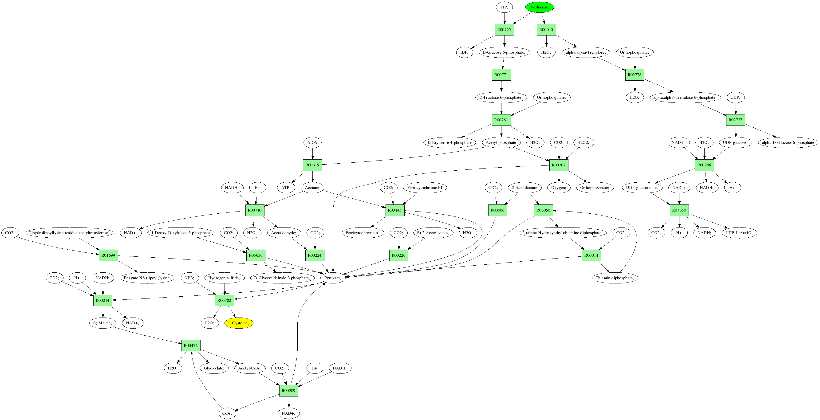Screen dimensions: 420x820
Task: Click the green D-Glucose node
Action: (x=539, y=7)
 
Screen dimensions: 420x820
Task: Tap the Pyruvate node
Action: (x=333, y=278)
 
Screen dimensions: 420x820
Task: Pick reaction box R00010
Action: (x=546, y=30)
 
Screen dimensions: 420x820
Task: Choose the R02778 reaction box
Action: (x=635, y=75)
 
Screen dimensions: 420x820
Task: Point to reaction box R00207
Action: (x=559, y=165)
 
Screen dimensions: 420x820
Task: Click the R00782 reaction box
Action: (x=225, y=300)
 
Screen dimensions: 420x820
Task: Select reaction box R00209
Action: (x=288, y=390)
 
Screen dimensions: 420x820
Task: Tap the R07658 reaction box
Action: (x=679, y=210)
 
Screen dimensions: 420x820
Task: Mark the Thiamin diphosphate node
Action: (x=615, y=278)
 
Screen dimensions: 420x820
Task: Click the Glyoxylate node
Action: (x=214, y=368)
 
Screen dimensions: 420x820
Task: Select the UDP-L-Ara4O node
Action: (x=739, y=233)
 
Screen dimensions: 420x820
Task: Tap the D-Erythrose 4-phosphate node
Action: (x=449, y=142)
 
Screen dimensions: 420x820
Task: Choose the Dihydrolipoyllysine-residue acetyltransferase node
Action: (x=69, y=233)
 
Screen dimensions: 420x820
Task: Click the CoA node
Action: (x=227, y=413)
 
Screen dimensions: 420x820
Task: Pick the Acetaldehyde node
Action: (x=284, y=233)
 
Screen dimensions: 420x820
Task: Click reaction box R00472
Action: (x=191, y=345)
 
